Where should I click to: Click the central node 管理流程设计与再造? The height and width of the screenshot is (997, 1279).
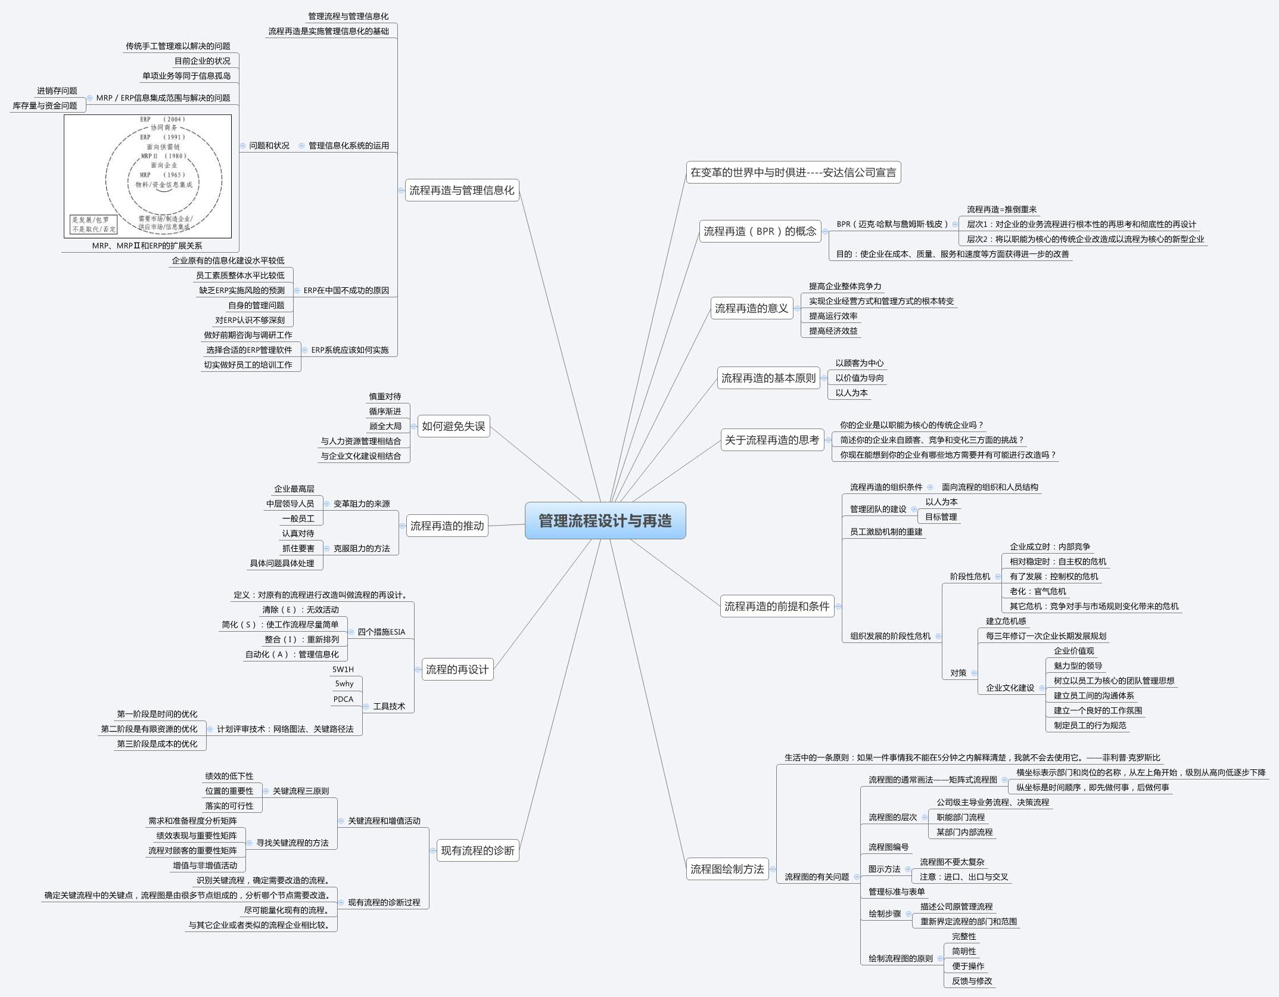click(605, 521)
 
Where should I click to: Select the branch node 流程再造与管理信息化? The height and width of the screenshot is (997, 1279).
click(462, 191)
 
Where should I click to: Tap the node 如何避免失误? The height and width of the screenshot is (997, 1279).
click(453, 426)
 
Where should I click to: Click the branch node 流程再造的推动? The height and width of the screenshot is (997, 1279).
click(447, 526)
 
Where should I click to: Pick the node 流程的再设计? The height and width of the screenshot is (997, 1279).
click(457, 669)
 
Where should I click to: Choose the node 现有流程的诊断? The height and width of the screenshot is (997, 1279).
click(477, 850)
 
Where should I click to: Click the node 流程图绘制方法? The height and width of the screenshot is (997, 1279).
click(727, 869)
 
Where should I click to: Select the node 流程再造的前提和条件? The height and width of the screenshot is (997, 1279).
click(777, 606)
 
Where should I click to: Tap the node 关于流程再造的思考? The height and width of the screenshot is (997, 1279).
click(772, 440)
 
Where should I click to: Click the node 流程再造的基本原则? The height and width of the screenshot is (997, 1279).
click(768, 378)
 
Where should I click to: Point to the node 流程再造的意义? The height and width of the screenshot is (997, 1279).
click(751, 308)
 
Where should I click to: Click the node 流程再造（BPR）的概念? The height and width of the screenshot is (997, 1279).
click(760, 231)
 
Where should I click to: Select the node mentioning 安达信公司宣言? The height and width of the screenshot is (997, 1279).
click(793, 173)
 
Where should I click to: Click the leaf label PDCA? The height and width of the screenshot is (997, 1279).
click(344, 699)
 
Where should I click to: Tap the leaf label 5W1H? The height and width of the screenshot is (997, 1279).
click(343, 669)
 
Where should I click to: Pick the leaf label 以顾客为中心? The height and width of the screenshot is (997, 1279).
click(859, 363)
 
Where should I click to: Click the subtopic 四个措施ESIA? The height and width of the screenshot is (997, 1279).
click(381, 632)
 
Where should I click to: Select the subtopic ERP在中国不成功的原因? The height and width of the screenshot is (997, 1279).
click(346, 290)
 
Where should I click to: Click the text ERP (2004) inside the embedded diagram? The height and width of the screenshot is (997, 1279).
click(163, 119)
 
